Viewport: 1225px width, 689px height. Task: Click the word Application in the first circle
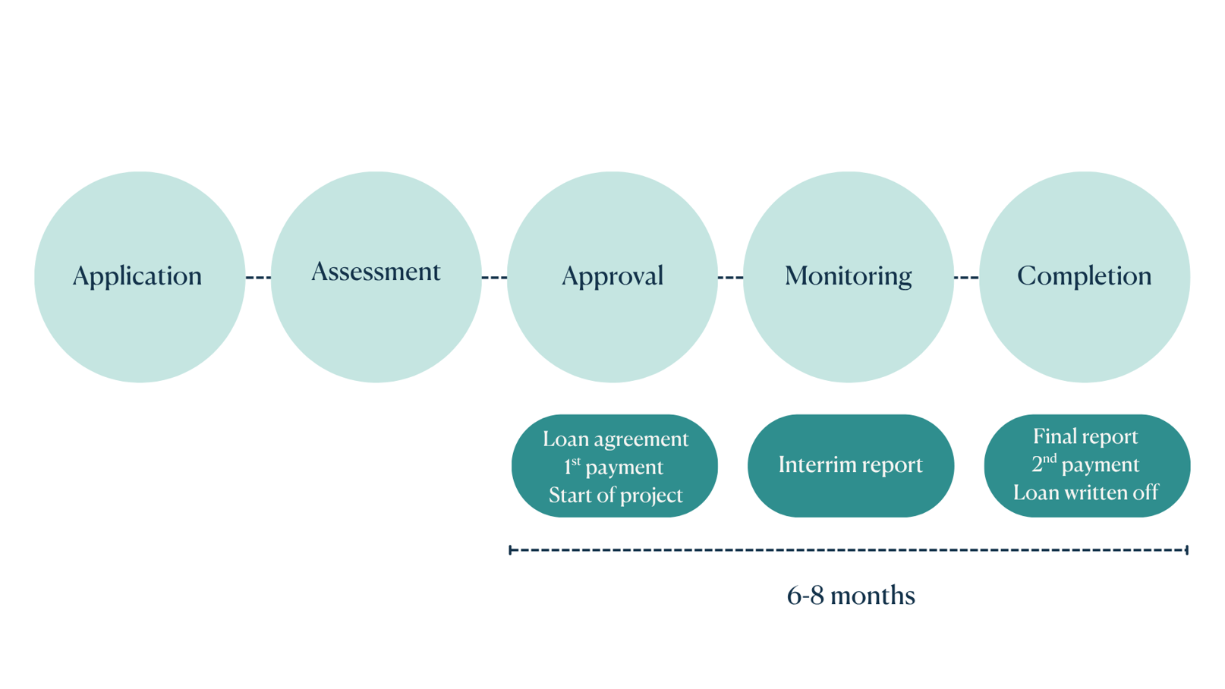tap(137, 276)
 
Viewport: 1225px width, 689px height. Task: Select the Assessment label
tap(376, 272)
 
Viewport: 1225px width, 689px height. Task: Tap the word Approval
tap(612, 276)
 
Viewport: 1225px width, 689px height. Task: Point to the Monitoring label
tap(848, 276)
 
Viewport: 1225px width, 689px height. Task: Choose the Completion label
tap(1084, 276)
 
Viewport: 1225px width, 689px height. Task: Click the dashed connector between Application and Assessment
tap(258, 278)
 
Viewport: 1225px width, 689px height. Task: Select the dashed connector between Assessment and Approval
tap(494, 278)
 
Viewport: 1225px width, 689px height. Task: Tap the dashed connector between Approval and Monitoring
tap(730, 278)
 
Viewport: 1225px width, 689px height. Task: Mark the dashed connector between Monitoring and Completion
tap(966, 278)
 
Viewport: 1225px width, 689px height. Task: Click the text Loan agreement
tap(615, 439)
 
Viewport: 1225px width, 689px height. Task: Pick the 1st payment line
tap(613, 467)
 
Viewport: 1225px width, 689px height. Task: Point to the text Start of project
tap(615, 496)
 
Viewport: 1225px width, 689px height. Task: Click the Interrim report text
tap(850, 464)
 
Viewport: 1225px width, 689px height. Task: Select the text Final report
tap(1085, 437)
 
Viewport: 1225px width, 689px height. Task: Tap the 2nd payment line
tap(1085, 464)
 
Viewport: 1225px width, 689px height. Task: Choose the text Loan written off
tap(1085, 493)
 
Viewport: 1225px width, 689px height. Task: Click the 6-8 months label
tap(851, 596)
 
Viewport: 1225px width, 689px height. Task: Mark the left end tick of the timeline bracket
tap(511, 549)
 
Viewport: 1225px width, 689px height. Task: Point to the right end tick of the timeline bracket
tap(1186, 549)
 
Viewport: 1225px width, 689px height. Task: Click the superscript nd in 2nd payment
tap(1050, 458)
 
